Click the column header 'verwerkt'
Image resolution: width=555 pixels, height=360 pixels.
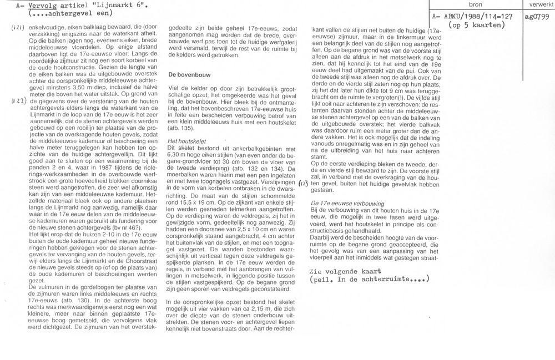coord(538,4)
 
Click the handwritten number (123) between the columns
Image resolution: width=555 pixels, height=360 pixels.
coord(304,183)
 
